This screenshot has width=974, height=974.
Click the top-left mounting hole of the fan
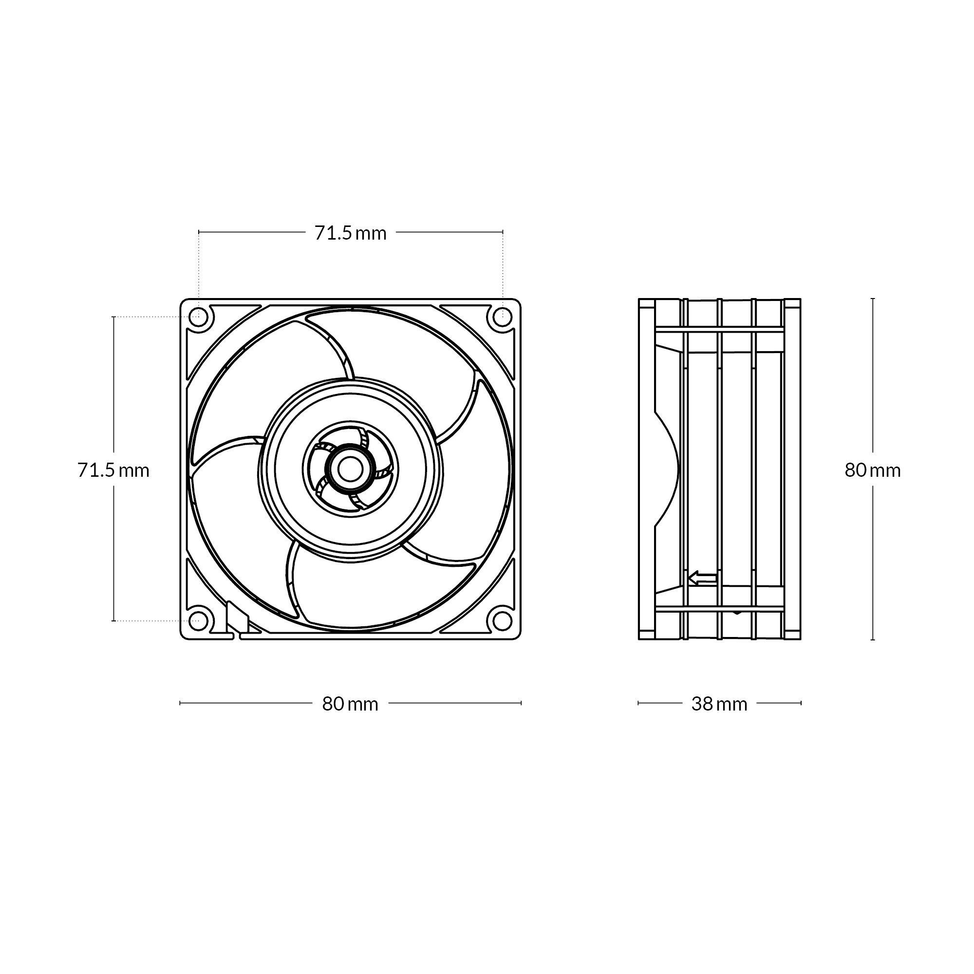[x=198, y=317]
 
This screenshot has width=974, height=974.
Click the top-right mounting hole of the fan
[x=502, y=317]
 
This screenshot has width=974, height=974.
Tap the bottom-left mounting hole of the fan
[x=198, y=620]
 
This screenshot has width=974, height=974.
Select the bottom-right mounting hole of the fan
[x=502, y=620]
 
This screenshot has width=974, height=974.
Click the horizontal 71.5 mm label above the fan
[x=350, y=233]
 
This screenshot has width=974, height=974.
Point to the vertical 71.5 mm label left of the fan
[x=113, y=470]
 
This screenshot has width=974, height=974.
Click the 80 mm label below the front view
[x=350, y=704]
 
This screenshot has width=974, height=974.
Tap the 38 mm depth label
[x=719, y=704]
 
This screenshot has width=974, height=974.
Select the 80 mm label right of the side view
[x=873, y=470]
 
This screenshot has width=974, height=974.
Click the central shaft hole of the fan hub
[x=350, y=469]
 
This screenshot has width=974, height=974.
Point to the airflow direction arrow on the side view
[x=702, y=578]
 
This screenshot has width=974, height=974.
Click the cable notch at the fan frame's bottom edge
[x=237, y=637]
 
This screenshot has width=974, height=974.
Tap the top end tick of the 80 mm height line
[x=873, y=299]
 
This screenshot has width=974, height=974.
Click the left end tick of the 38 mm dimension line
[x=638, y=703]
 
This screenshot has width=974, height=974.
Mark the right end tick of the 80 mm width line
[x=521, y=703]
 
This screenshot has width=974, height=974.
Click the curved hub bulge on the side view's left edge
[x=668, y=469]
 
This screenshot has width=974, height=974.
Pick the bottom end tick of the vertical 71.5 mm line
[x=113, y=620]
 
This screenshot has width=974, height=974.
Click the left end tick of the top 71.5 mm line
[x=199, y=232]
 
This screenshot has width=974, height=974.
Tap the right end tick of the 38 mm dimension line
[x=801, y=703]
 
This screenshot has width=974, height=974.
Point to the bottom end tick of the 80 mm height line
[x=873, y=640]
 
